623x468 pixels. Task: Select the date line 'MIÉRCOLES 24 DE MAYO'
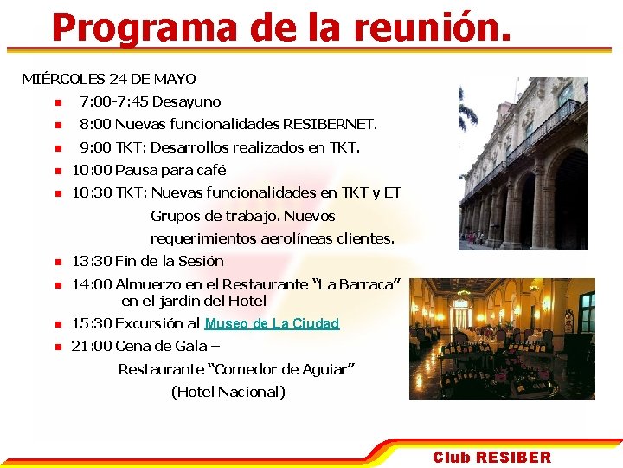109,79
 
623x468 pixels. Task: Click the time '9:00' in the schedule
95,147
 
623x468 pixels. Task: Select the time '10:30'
91,192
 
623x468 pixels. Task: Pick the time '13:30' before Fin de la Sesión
91,261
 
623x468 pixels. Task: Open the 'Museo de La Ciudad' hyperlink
272,323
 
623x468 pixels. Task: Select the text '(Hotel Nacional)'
228,392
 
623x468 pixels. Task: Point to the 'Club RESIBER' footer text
491,457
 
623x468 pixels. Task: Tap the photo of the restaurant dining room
502,338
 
